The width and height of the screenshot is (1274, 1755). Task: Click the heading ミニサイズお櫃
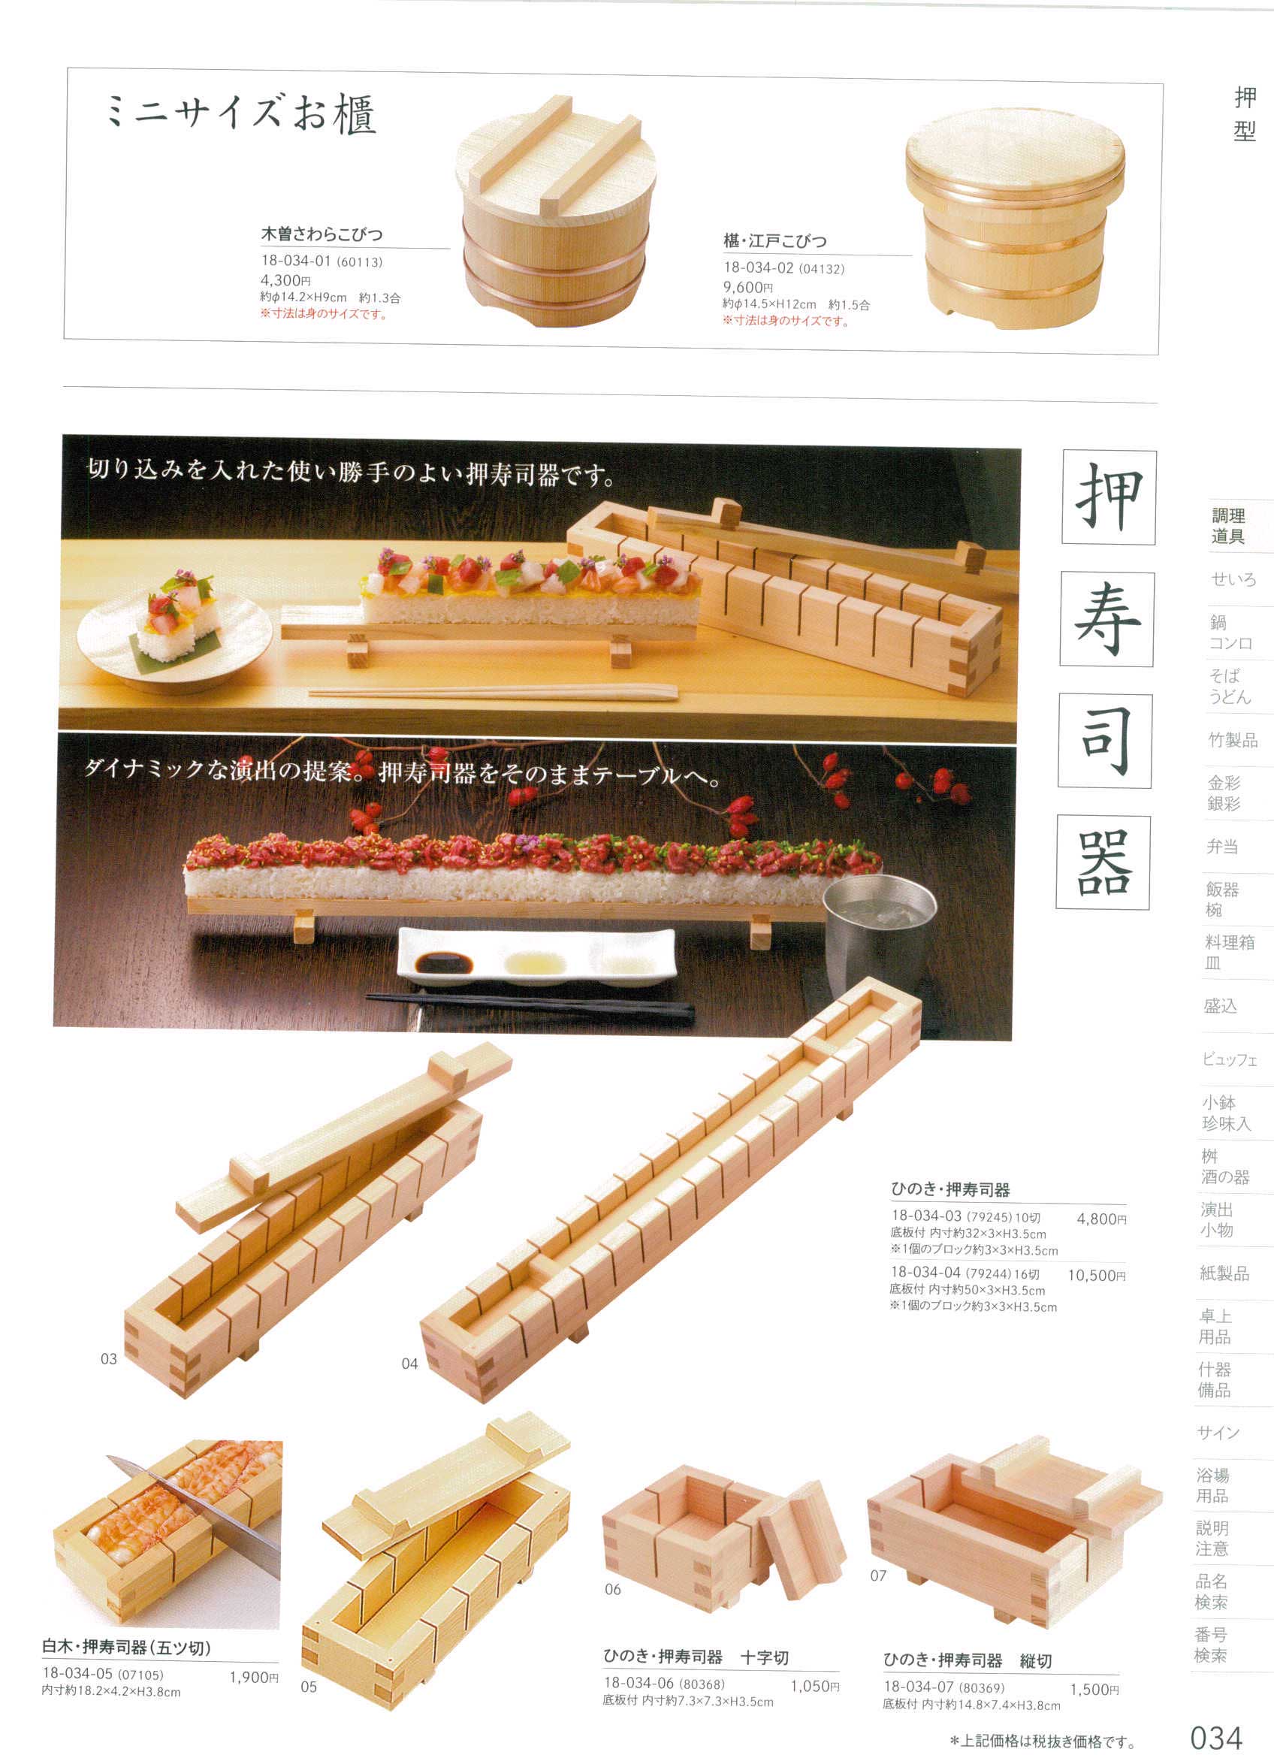click(x=240, y=114)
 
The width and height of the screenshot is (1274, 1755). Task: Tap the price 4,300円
click(x=285, y=280)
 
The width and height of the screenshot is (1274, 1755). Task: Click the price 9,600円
click(x=748, y=287)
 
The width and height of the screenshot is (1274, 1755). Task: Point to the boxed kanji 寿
click(x=1107, y=620)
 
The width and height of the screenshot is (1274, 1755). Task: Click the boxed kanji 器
click(x=1103, y=862)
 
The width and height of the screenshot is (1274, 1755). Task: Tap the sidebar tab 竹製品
click(x=1233, y=740)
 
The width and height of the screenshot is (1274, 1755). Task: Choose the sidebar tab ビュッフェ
click(x=1229, y=1059)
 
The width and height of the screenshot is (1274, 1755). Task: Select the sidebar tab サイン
click(x=1218, y=1432)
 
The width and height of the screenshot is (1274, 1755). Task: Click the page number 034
click(x=1215, y=1737)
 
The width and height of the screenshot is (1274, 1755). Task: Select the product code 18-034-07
click(x=919, y=1687)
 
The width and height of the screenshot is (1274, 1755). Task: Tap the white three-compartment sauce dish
click(x=536, y=957)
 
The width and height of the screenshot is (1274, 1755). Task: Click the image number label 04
click(x=409, y=1364)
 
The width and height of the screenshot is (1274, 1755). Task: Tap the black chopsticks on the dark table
click(x=529, y=1004)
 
